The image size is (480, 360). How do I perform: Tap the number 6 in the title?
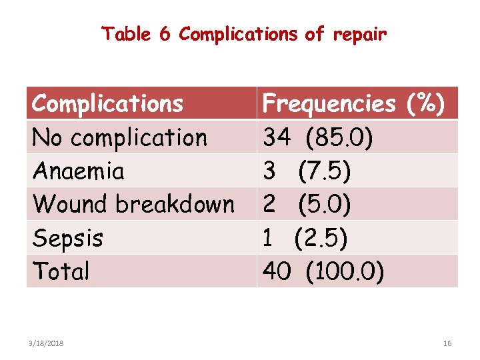click(165, 34)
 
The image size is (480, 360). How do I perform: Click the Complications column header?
click(107, 104)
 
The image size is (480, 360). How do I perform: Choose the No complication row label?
click(120, 137)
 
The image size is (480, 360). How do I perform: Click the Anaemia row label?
click(78, 171)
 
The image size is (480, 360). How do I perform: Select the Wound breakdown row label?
click(133, 204)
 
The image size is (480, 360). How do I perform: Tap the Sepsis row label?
click(67, 237)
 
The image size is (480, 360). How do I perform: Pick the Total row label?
click(61, 271)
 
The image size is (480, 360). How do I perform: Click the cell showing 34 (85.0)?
click(318, 137)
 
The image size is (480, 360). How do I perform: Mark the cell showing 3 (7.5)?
click(307, 171)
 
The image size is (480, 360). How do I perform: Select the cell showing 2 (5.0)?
click(307, 204)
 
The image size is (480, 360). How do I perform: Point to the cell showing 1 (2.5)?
click(305, 237)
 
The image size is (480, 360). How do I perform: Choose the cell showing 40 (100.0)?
click(323, 271)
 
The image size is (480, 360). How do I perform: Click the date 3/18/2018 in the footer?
click(47, 343)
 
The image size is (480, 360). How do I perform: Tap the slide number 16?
click(447, 343)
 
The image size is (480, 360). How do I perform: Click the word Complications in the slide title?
click(238, 34)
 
